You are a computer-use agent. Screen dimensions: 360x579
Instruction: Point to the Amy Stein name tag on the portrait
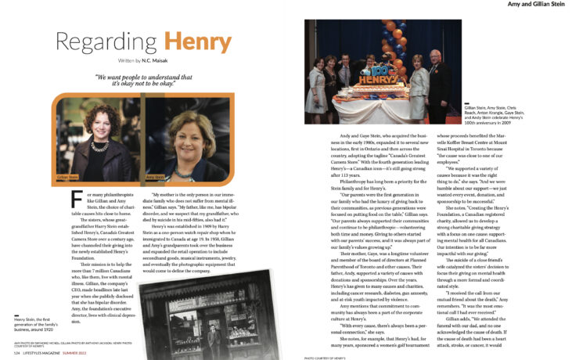tap(155, 177)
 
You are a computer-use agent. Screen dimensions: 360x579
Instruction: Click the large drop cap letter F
tap(75, 198)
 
